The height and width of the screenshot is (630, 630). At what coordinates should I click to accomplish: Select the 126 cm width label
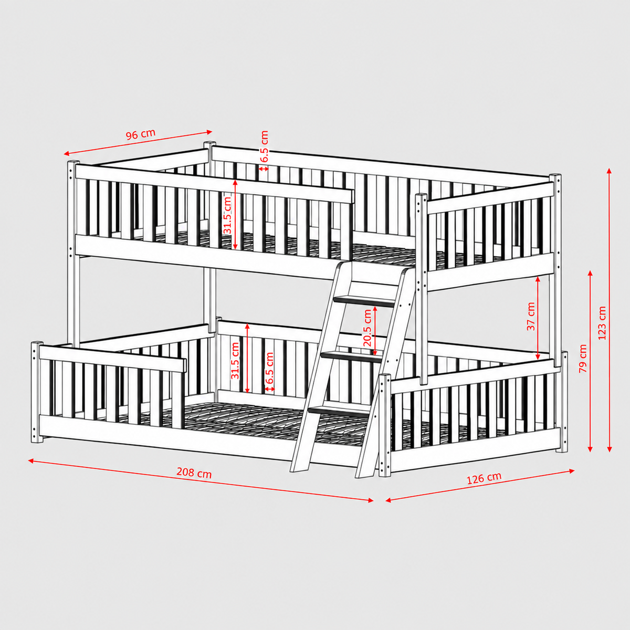484,478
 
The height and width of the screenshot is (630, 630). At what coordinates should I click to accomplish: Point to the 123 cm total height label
602,323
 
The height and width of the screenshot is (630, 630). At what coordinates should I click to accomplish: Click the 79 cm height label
583,359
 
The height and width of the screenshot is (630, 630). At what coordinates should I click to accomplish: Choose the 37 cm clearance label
531,316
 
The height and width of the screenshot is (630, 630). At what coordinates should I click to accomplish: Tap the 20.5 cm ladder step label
367,328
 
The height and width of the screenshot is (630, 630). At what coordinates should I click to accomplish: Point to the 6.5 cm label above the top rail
264,146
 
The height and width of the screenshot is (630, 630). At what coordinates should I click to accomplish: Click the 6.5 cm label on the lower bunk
270,369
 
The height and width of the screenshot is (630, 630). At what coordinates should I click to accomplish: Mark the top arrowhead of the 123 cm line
609,171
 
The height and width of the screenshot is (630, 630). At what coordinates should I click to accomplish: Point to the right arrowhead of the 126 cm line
572,471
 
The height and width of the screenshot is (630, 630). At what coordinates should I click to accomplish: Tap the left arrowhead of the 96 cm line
66,153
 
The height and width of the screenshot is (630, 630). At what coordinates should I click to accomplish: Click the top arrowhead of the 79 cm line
590,273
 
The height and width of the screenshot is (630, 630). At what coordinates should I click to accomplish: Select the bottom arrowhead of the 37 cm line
538,358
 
